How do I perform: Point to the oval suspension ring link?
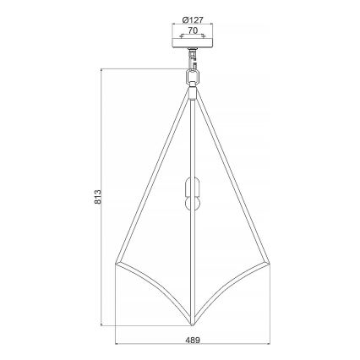point(194,76)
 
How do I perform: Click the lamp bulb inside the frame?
point(194,198)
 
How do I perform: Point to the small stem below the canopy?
point(194,61)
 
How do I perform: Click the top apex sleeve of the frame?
point(194,90)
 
